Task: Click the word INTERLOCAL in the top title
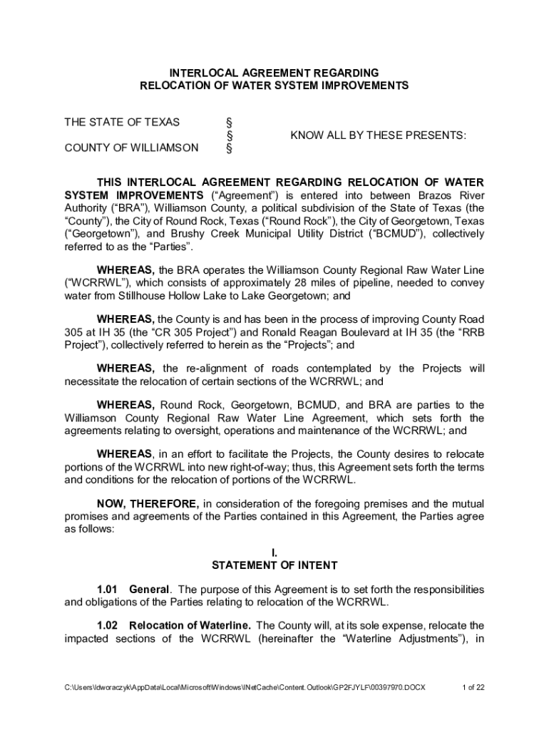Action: pyautogui.click(x=197, y=73)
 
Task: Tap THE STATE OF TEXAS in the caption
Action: pyautogui.click(x=122, y=122)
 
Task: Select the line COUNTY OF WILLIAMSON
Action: pyautogui.click(x=132, y=148)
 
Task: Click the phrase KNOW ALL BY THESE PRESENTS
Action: pyautogui.click(x=378, y=135)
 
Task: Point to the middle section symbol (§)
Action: pyautogui.click(x=229, y=135)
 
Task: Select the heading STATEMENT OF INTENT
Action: pyautogui.click(x=274, y=565)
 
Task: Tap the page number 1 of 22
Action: pyautogui.click(x=473, y=688)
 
